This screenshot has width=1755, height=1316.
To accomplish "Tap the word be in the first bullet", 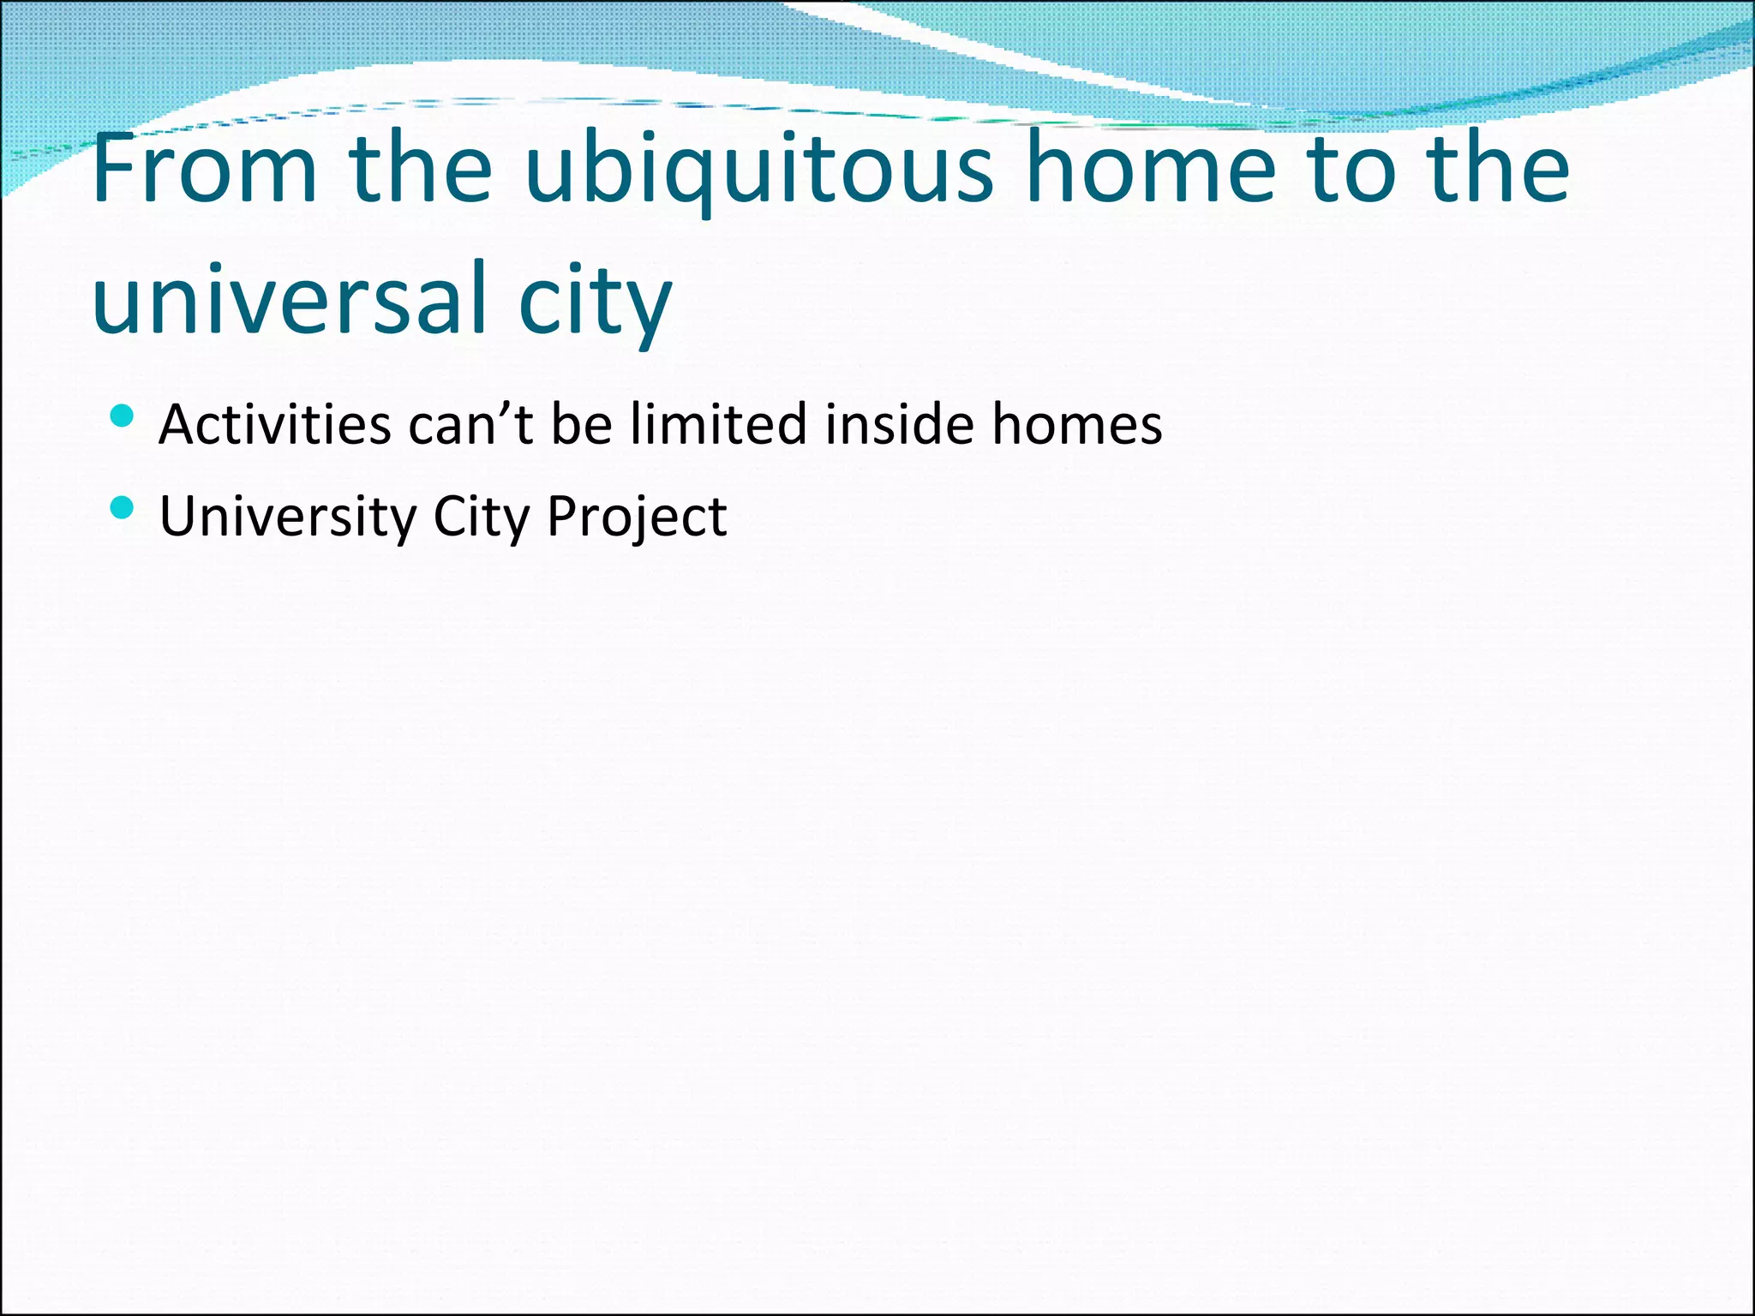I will click(582, 423).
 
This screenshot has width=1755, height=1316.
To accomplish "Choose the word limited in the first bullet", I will click(718, 423).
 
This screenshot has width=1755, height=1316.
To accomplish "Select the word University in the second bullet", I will click(288, 517).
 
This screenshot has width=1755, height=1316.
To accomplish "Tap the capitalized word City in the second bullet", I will click(482, 517).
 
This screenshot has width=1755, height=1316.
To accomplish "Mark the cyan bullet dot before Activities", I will click(123, 416).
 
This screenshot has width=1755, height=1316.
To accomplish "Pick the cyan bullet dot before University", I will click(123, 509).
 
